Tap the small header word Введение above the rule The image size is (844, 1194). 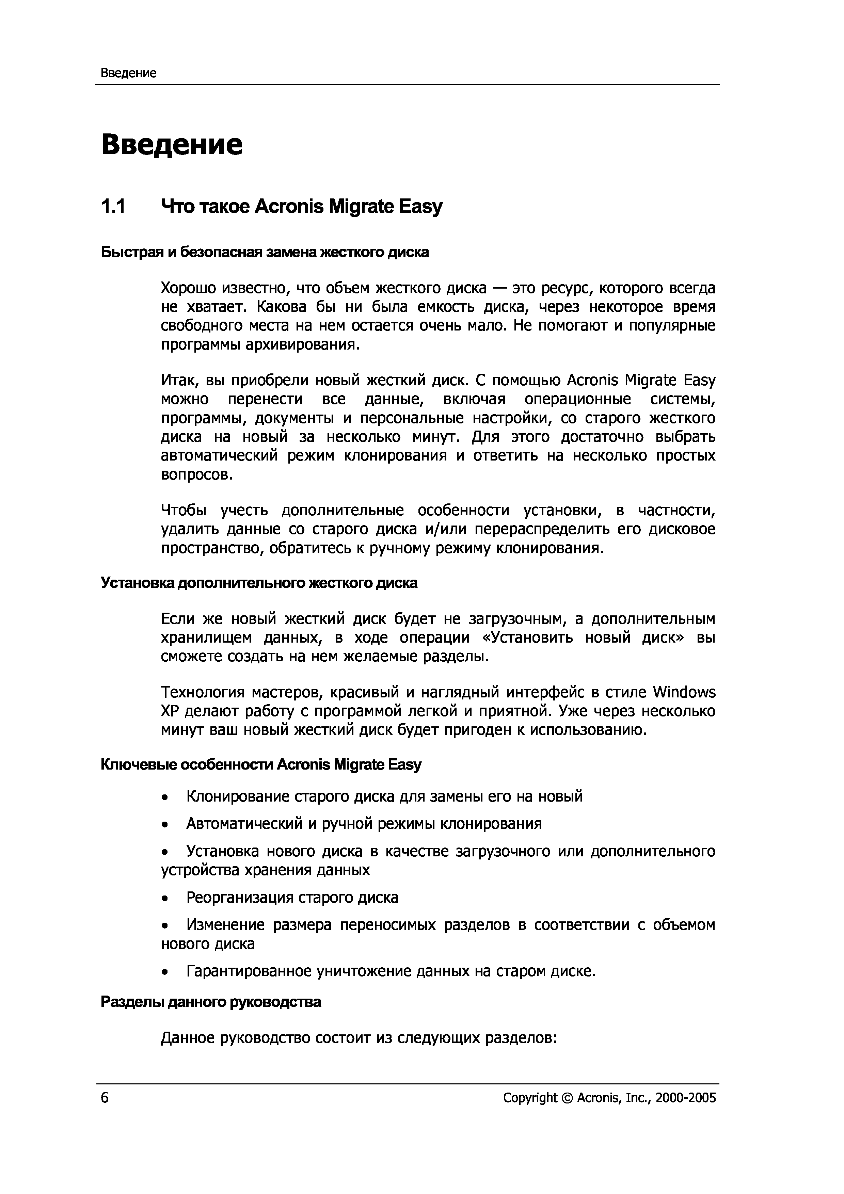coord(128,73)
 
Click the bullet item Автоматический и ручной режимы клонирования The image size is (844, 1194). coord(364,824)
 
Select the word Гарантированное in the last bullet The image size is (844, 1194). coord(250,971)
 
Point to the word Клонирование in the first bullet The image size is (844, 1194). coord(238,796)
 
